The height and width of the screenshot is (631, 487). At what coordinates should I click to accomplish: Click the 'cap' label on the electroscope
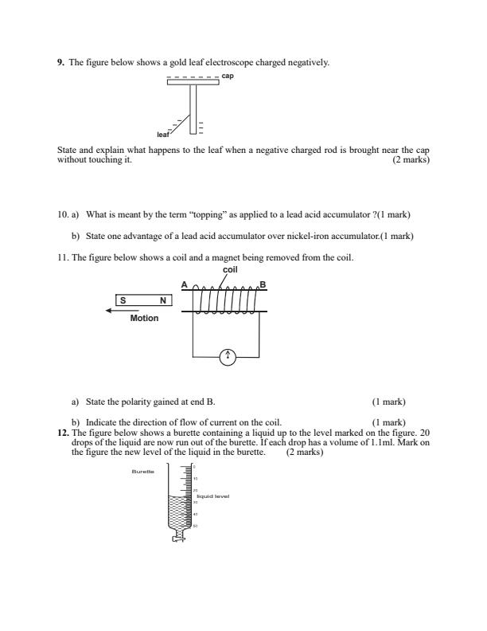click(x=228, y=78)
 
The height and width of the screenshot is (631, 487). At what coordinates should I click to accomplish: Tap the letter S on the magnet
click(x=123, y=300)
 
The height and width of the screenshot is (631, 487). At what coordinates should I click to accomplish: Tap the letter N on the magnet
click(x=162, y=300)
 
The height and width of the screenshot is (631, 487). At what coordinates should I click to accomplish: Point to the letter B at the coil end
click(x=263, y=284)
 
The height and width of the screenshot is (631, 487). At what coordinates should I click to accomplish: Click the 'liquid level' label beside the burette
click(x=212, y=496)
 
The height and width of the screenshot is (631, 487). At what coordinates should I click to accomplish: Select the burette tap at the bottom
click(x=180, y=538)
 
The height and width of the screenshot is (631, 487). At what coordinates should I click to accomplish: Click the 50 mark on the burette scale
click(x=196, y=526)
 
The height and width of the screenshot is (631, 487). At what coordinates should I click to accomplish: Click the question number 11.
click(x=63, y=257)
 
